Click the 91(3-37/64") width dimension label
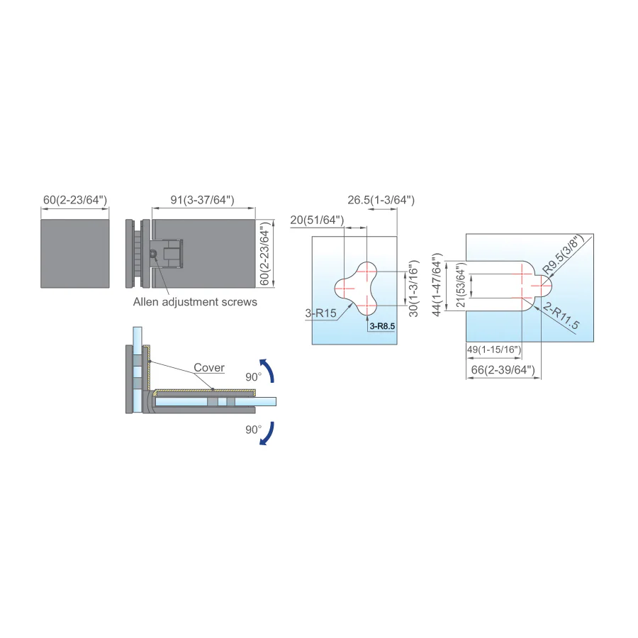[x=202, y=200]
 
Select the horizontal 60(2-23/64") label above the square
[x=75, y=200]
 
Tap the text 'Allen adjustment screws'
[x=195, y=302]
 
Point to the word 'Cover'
[x=209, y=367]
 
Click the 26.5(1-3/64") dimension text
[x=381, y=200]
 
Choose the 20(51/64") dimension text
[x=317, y=220]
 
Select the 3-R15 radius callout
[x=320, y=313]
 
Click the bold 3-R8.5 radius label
[x=382, y=326]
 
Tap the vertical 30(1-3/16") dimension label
[x=413, y=289]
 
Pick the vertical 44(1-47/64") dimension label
[x=437, y=284]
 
